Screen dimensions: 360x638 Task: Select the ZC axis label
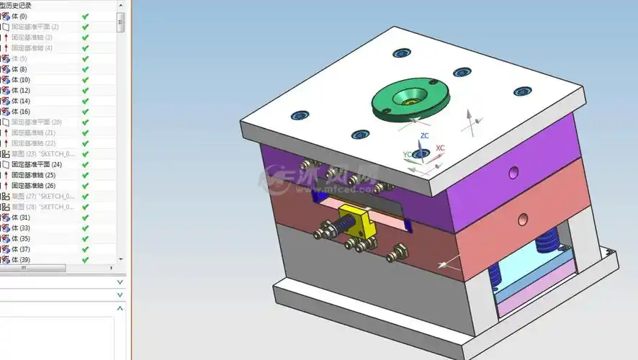(x=425, y=135)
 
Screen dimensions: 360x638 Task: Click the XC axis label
(x=440, y=148)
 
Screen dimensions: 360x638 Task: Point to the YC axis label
(x=407, y=154)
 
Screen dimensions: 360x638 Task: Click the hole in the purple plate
(x=513, y=172)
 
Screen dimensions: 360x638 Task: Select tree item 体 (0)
(x=19, y=16)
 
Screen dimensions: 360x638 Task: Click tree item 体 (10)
(x=21, y=80)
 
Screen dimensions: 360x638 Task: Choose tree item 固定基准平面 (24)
(x=36, y=165)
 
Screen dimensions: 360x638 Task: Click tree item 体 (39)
(x=21, y=260)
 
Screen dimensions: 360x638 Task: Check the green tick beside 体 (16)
(x=85, y=112)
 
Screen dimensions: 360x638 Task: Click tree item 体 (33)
(x=21, y=228)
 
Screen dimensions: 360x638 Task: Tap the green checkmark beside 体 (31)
(x=85, y=217)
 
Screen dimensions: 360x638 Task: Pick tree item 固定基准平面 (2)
(x=35, y=27)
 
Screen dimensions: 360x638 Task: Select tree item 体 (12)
(x=21, y=91)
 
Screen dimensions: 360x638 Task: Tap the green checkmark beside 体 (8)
(x=85, y=69)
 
